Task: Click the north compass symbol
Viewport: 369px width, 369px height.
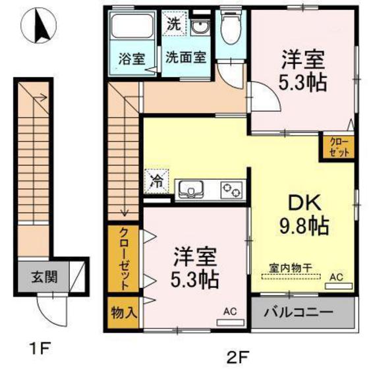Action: tap(38, 27)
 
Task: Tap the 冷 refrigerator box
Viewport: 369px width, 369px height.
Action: tap(157, 179)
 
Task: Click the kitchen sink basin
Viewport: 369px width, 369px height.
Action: tap(193, 190)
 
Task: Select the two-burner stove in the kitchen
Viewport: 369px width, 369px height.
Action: tap(231, 190)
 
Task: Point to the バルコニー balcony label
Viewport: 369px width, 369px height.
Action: tap(298, 312)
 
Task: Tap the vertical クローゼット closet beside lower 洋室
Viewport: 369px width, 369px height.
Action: tap(123, 258)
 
